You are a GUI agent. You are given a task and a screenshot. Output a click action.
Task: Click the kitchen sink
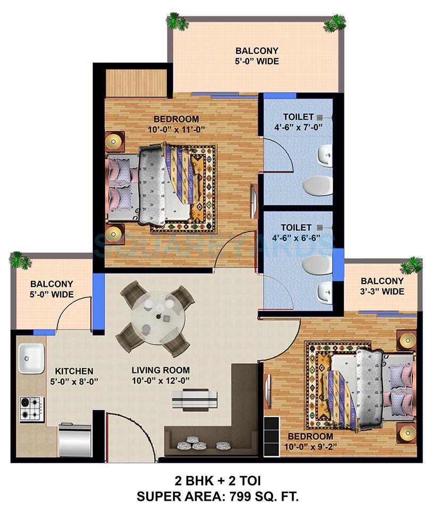(x=31, y=359)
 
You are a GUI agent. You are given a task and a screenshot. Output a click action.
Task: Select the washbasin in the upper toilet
(x=324, y=156)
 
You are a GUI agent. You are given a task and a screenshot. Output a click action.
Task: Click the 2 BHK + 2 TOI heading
(x=215, y=481)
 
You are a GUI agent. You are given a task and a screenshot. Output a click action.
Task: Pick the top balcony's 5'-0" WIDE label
(x=257, y=61)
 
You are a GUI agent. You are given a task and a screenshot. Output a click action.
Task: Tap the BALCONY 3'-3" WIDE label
(x=382, y=291)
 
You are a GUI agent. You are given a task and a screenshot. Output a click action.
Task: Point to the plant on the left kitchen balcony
(x=20, y=261)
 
